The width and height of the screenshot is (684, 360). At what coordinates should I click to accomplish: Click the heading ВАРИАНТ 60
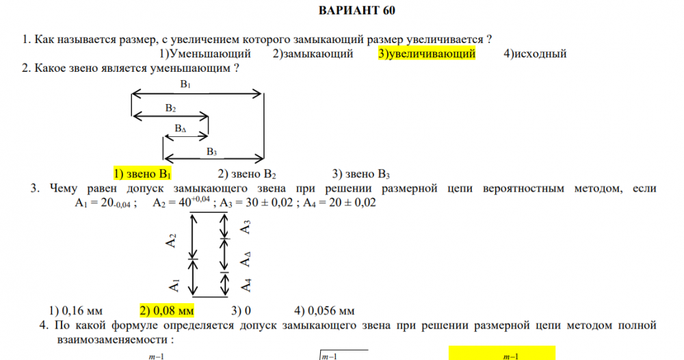(357, 10)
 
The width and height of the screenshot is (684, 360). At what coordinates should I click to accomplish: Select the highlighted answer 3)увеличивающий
(427, 53)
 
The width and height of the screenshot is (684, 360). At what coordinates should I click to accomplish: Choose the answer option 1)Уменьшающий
(205, 53)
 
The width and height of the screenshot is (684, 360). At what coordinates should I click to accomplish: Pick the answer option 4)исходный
(535, 53)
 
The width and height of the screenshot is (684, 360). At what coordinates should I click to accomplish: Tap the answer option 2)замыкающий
(313, 53)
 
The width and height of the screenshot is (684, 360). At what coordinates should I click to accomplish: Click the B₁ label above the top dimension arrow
(185, 85)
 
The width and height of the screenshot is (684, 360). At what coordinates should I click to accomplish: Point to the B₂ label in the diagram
(170, 108)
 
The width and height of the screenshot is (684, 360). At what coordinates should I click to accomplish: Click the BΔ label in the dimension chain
(180, 128)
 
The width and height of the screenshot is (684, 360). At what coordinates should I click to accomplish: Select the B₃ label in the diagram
(211, 152)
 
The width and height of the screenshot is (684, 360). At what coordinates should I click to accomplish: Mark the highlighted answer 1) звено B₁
(142, 174)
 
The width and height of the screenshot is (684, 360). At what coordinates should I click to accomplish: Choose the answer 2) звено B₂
(247, 174)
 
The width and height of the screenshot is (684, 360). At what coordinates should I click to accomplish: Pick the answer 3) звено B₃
(360, 174)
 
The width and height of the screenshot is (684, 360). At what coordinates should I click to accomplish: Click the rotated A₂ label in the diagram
(171, 240)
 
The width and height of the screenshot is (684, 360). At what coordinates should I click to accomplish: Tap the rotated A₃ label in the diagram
(246, 227)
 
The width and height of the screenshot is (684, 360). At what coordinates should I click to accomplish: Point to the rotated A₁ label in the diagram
(174, 285)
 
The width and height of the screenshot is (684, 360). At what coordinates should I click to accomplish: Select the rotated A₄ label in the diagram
(246, 285)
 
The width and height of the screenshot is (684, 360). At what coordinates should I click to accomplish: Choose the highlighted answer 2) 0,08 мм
(167, 311)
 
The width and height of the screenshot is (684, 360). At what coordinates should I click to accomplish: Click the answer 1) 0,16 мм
(75, 311)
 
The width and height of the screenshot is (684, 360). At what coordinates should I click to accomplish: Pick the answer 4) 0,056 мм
(324, 311)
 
